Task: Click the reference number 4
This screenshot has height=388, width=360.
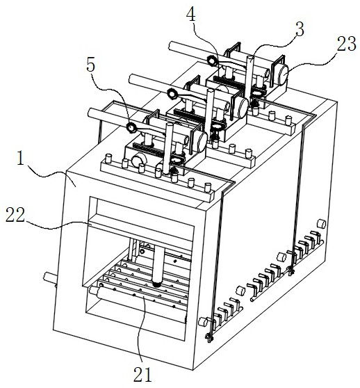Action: (x=191, y=15)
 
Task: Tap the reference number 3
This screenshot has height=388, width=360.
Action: (x=300, y=30)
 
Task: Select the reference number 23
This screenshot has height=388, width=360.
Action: (x=347, y=44)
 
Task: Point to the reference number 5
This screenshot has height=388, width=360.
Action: (x=91, y=65)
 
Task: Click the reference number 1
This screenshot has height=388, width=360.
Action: (x=21, y=159)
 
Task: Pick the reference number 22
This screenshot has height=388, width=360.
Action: (x=15, y=215)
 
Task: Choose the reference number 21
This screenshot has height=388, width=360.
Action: (x=142, y=374)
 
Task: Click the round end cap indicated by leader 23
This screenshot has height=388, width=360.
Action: (x=283, y=75)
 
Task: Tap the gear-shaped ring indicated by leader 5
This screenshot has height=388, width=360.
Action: (x=131, y=127)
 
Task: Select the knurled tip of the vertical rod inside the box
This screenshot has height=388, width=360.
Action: (x=157, y=284)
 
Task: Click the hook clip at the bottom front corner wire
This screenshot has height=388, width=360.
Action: (x=209, y=338)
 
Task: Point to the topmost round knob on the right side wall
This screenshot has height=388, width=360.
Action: (x=322, y=224)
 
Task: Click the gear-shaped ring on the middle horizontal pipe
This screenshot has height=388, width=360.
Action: (x=172, y=94)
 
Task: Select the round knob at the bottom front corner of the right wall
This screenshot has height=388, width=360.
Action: (x=203, y=322)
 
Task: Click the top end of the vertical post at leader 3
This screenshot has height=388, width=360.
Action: (x=250, y=58)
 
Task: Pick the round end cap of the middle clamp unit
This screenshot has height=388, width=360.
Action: (x=242, y=108)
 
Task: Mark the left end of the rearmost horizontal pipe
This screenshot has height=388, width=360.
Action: (x=171, y=46)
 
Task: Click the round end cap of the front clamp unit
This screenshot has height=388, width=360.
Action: (x=202, y=142)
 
